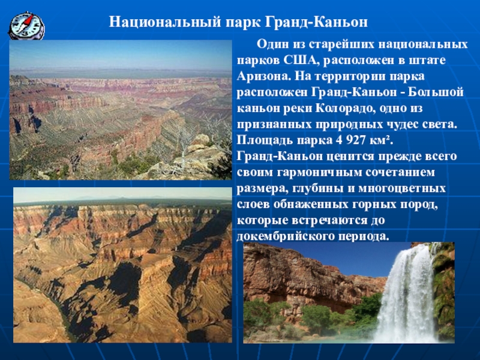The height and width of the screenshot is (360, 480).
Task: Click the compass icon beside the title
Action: [x=26, y=26]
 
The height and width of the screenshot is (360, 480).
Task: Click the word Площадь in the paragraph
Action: [x=265, y=141]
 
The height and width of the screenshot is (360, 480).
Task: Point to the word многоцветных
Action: [x=402, y=188]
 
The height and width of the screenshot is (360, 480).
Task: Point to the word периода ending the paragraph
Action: [x=364, y=236]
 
